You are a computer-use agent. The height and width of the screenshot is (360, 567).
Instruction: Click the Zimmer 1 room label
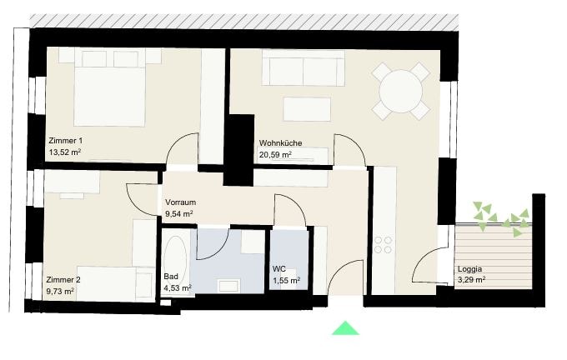tap(66, 141)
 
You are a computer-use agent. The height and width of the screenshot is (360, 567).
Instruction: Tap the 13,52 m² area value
tap(65, 153)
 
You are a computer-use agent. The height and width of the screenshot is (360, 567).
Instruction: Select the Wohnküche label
tap(280, 142)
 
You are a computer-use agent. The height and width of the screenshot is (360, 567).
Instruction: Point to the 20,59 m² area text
tap(275, 155)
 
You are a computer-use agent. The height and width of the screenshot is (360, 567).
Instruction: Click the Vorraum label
tap(180, 202)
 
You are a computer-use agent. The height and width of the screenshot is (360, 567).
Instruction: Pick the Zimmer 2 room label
tap(64, 279)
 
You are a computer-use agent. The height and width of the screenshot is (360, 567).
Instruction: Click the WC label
tap(279, 269)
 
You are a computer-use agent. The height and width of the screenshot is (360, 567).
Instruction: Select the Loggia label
tap(471, 269)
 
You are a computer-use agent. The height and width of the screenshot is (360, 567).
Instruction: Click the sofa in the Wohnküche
tap(303, 68)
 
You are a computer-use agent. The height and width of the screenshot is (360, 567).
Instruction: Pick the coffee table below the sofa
tap(306, 109)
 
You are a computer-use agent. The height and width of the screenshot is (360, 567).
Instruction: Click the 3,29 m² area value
tap(472, 281)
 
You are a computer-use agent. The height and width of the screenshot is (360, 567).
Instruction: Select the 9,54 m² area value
tap(179, 214)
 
